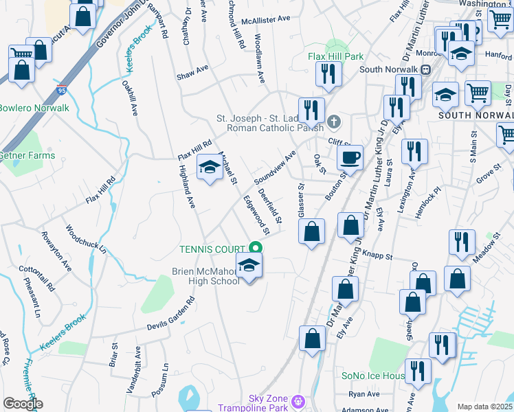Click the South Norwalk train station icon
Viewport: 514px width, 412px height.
425,69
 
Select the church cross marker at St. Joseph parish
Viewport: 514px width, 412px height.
334,122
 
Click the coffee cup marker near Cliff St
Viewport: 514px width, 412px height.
350,159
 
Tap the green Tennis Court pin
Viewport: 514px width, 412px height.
256,248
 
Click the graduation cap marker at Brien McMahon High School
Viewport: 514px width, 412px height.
249,266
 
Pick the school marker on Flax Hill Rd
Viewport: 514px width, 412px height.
210,168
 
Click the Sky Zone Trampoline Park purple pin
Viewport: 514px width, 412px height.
298,400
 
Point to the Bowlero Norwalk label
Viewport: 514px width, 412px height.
34,108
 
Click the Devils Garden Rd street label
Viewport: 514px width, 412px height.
171,314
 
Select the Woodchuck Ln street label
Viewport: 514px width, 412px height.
86,239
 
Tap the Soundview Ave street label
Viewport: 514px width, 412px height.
274,167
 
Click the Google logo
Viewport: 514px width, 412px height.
22,404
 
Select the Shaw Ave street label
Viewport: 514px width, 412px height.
192,69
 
